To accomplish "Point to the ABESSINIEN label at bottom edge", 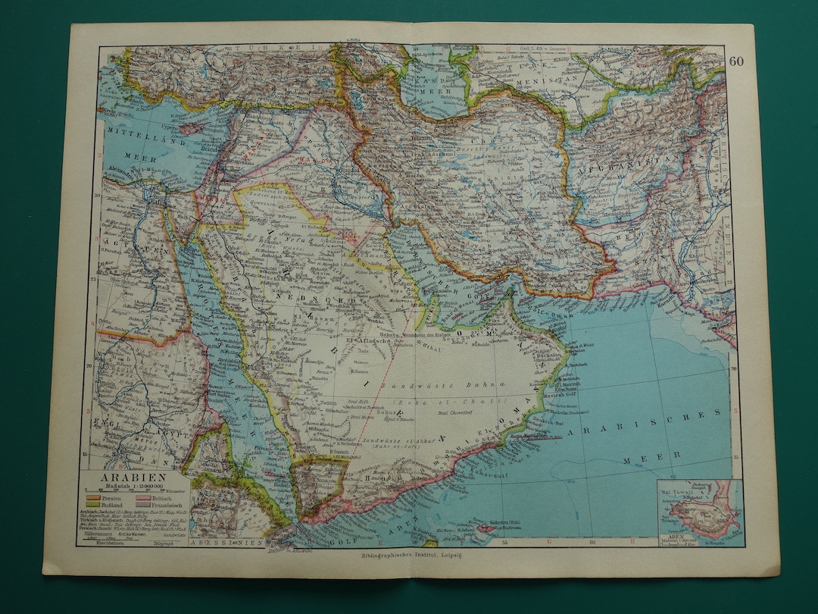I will tap(223, 544).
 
